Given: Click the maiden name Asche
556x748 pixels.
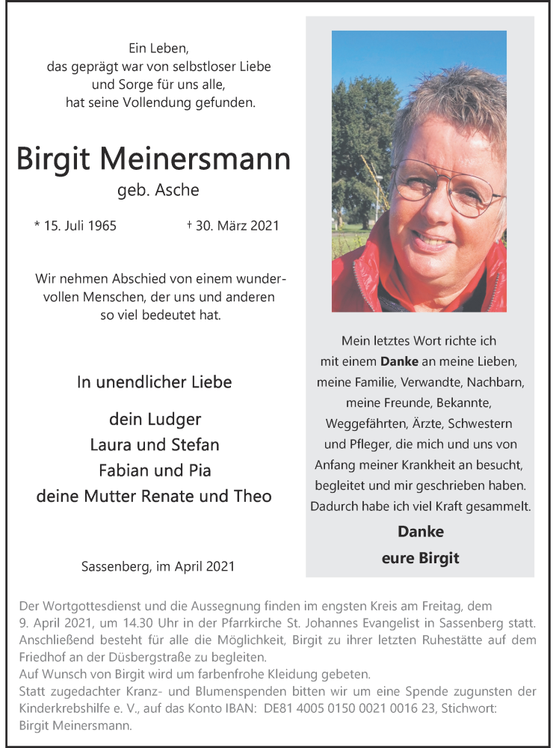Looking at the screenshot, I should (x=177, y=190).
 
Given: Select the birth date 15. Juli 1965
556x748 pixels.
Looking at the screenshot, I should (x=75, y=225).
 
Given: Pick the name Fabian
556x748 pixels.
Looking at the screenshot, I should (x=124, y=470).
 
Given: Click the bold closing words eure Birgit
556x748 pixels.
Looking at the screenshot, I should (x=420, y=558).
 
